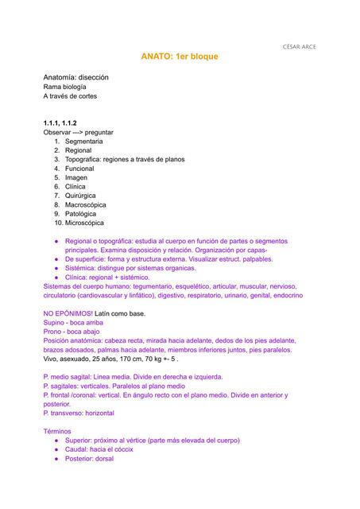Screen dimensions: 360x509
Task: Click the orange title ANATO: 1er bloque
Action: click(180, 57)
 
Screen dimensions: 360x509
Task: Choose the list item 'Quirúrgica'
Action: click(80, 196)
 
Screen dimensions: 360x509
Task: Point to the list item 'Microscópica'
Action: click(84, 223)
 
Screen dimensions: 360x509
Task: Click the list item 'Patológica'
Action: click(82, 214)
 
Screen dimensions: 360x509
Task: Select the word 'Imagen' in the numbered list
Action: click(76, 177)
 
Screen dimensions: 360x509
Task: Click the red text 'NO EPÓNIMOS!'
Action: click(68, 313)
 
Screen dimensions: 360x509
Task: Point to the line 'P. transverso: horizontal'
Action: click(79, 414)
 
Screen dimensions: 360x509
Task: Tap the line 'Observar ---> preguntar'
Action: click(79, 132)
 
